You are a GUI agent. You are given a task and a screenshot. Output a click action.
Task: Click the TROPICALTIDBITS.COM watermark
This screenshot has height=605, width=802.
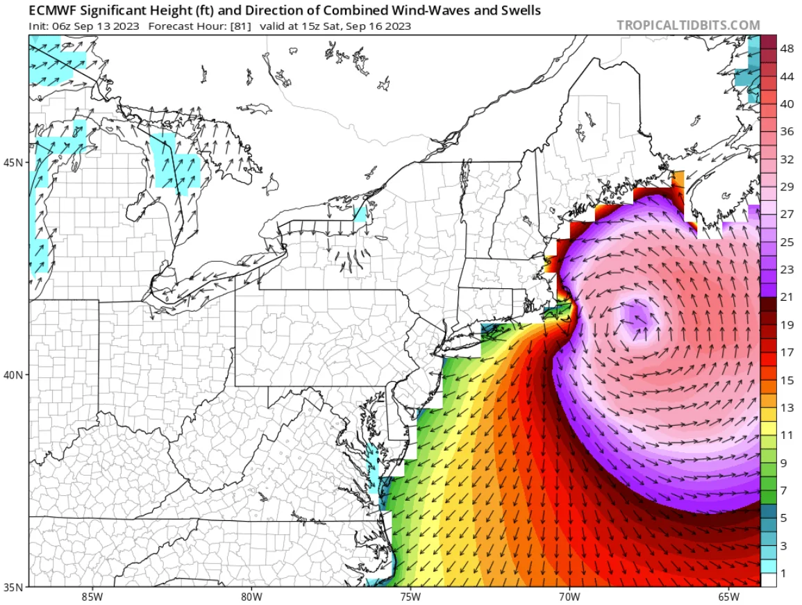(688, 25)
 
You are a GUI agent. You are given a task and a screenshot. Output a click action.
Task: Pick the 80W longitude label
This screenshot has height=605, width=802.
(251, 597)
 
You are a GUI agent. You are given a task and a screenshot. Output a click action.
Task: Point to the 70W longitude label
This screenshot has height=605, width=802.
(569, 597)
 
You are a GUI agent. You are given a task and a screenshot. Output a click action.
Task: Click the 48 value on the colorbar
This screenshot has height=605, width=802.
(787, 49)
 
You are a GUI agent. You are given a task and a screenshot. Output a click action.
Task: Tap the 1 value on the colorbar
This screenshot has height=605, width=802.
(783, 573)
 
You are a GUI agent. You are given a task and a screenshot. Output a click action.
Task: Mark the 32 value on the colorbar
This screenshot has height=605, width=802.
(787, 159)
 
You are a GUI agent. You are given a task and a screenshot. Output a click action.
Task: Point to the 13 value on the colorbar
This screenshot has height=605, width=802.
(786, 408)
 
